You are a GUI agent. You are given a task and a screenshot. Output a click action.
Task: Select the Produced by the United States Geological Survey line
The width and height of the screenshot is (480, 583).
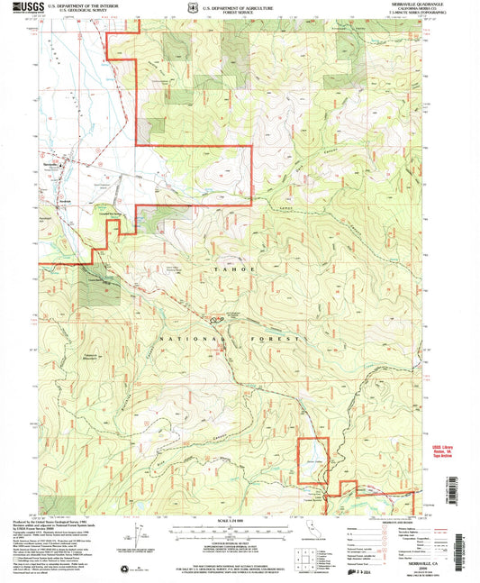68,522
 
